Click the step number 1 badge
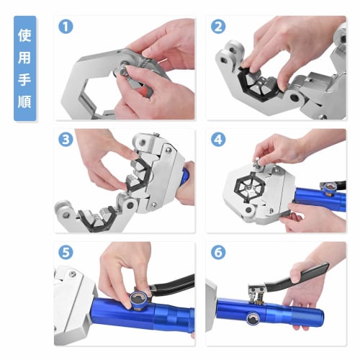[x=68, y=27]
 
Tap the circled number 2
[x=218, y=27]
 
